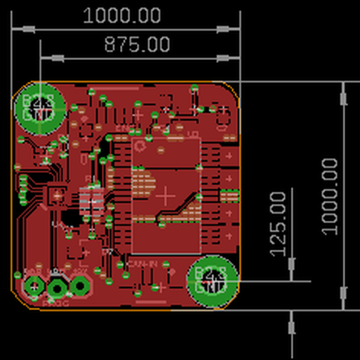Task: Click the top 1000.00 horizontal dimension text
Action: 122,16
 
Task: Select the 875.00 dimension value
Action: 137,44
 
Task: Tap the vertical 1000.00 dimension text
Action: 330,196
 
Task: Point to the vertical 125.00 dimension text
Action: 277,224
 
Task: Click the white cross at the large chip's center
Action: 166,196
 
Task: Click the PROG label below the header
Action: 55,304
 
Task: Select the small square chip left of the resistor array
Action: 57,196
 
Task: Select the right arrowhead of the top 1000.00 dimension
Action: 223,29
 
